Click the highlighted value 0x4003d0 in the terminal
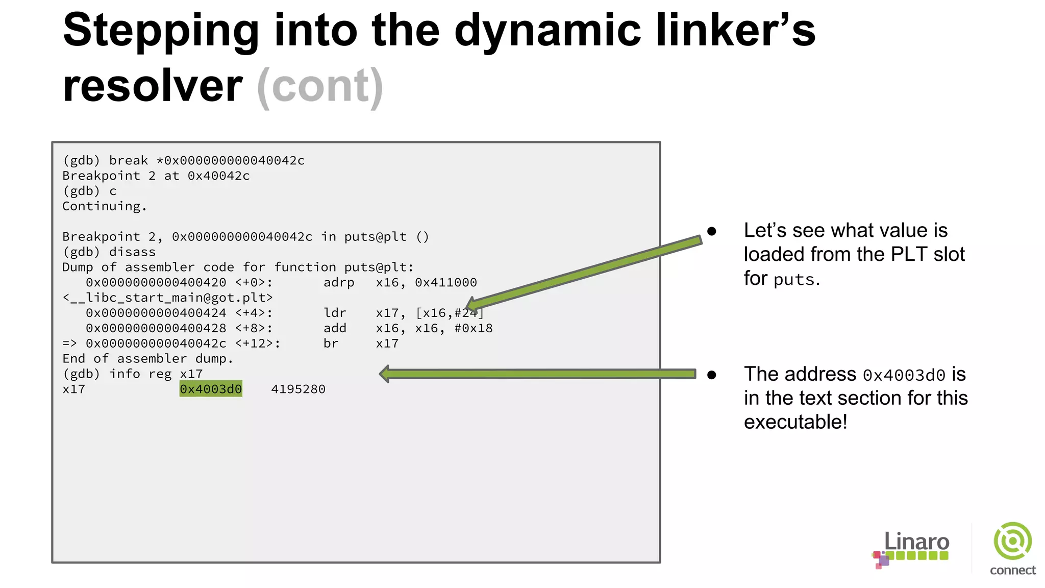[x=211, y=389]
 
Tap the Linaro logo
[x=912, y=549]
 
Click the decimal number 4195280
[x=298, y=389]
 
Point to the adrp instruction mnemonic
[x=339, y=282]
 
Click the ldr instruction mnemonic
[x=335, y=313]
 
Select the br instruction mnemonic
[x=331, y=344]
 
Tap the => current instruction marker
[x=69, y=344]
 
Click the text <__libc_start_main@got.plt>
[x=167, y=298]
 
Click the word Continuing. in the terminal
[x=104, y=206]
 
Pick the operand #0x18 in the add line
[x=474, y=328]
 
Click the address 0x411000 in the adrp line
[x=445, y=282]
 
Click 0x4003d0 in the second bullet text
[x=904, y=375]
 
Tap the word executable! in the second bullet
[x=795, y=422]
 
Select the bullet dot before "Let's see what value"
[x=712, y=231]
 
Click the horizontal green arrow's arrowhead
[x=385, y=374]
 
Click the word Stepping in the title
[x=161, y=31]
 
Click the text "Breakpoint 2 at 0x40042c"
[x=156, y=176]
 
